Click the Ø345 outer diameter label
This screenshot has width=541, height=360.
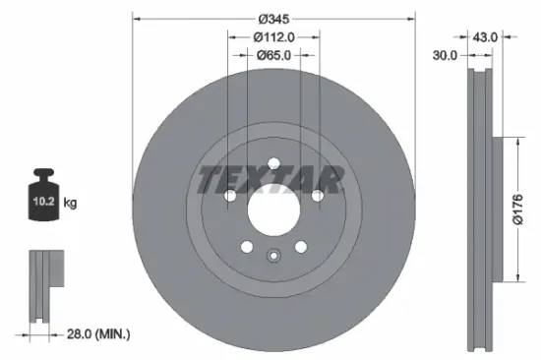[272, 19]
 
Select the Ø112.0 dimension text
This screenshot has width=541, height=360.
[272, 36]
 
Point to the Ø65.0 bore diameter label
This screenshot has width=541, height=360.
[272, 56]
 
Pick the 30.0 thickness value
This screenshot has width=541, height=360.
[446, 56]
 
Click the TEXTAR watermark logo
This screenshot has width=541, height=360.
[272, 181]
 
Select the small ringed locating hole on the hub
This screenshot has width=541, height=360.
[273, 257]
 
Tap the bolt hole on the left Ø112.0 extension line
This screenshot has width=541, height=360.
[229, 197]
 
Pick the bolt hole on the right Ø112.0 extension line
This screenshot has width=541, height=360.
[317, 197]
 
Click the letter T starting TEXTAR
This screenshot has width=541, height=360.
[210, 181]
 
